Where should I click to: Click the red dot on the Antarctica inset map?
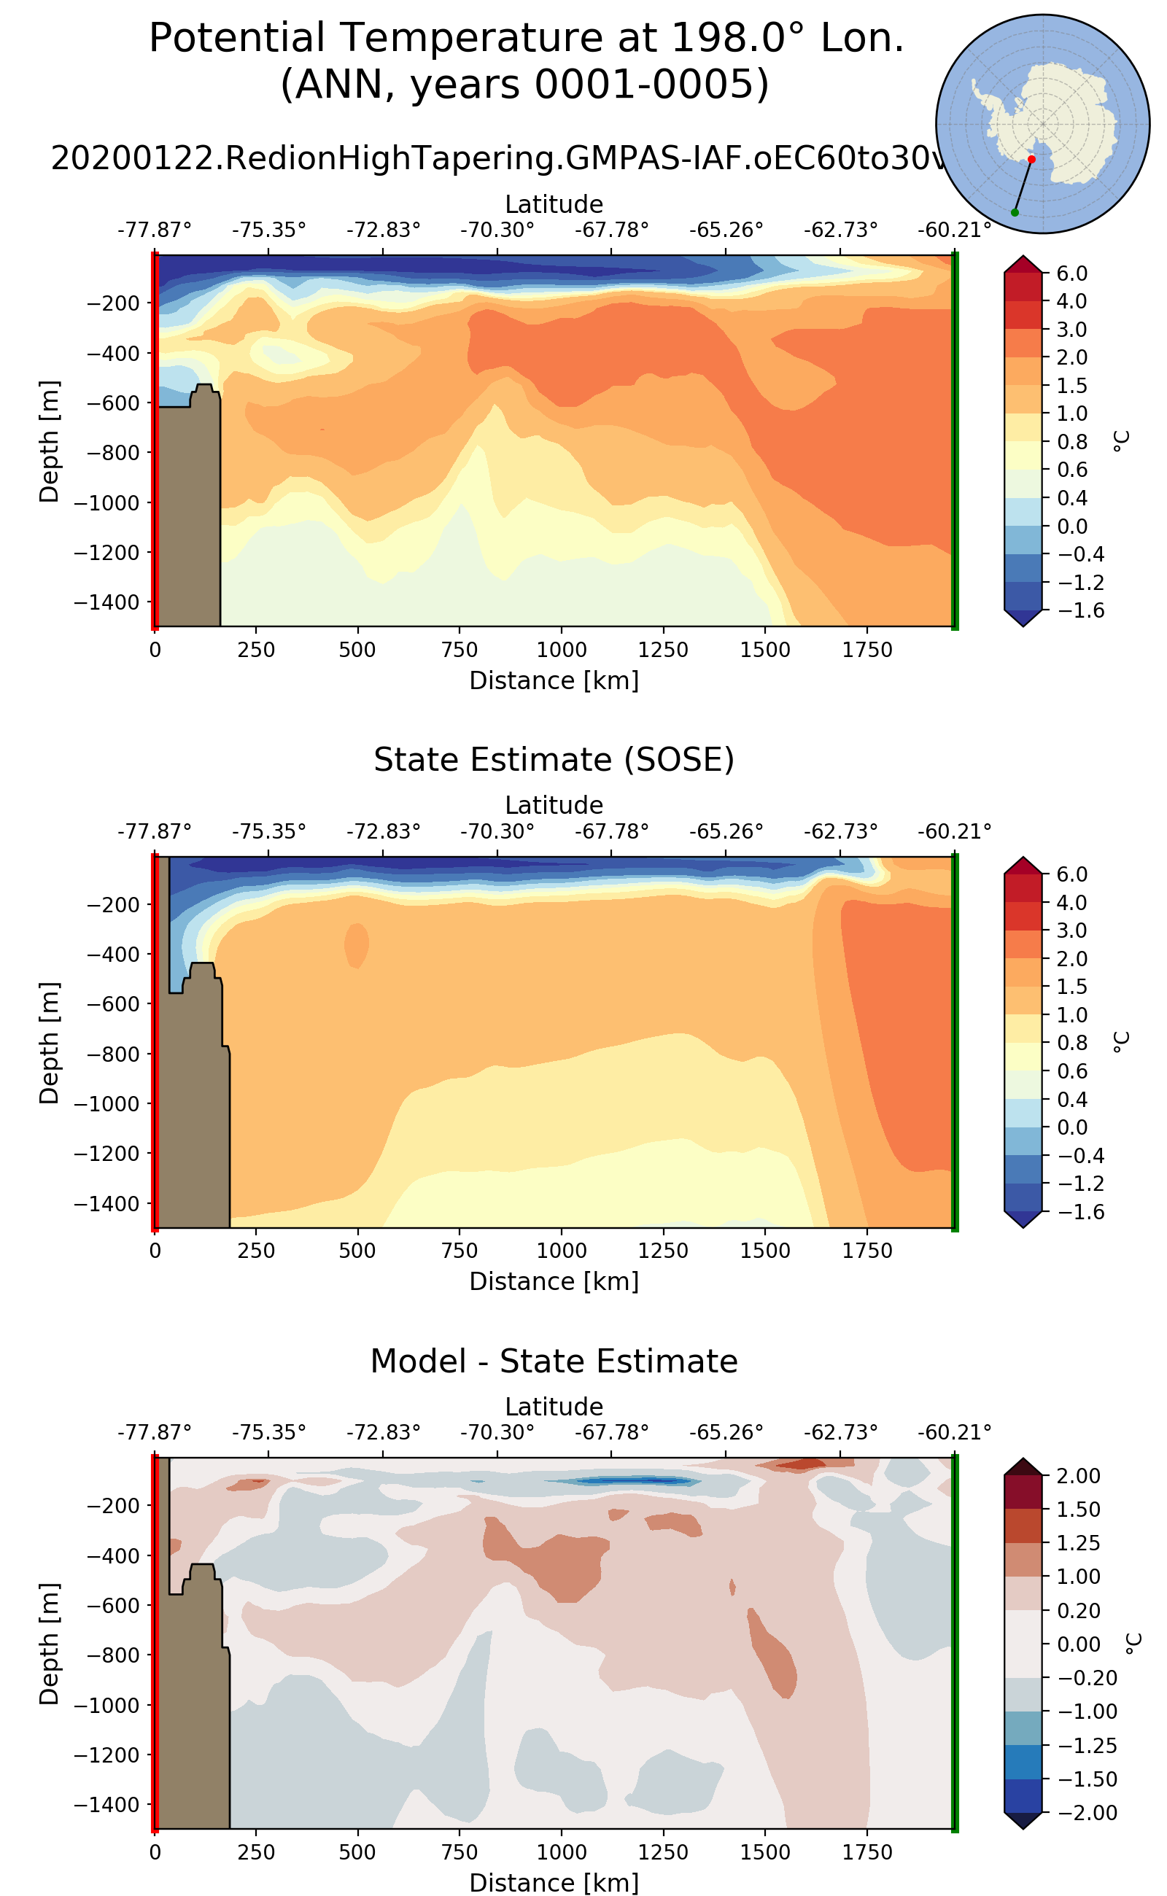click(x=1031, y=160)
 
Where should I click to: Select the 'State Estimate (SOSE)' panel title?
click(x=554, y=760)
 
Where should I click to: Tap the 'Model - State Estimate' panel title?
click(x=554, y=1361)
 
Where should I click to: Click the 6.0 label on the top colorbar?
click(x=1072, y=273)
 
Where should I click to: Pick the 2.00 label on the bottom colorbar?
click(x=1077, y=1476)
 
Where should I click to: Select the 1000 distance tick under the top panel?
click(x=561, y=650)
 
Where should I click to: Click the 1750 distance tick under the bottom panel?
click(x=866, y=1852)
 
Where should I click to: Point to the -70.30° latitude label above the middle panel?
click(x=497, y=832)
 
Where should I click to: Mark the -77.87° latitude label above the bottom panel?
click(x=155, y=1433)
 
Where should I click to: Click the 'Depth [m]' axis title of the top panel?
click(x=49, y=441)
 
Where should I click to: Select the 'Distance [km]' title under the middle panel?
click(x=554, y=1282)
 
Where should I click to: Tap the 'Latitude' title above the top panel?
click(x=554, y=204)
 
